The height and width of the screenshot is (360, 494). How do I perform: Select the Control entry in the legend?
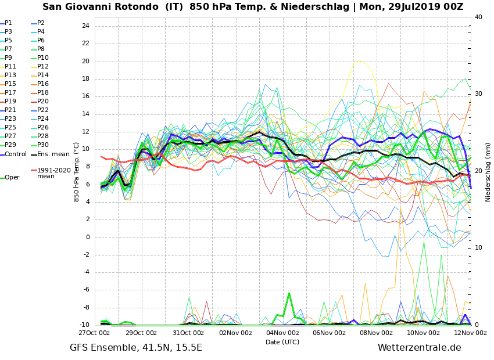[15, 154]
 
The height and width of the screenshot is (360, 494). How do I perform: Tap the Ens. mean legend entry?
[53, 154]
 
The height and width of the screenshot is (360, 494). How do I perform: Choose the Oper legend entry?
[12, 178]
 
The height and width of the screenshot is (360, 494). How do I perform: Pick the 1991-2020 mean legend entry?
[53, 173]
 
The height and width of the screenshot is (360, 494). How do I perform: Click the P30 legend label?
[43, 145]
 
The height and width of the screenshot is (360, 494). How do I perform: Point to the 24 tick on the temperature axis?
[85, 26]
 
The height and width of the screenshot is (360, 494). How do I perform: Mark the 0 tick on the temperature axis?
[87, 237]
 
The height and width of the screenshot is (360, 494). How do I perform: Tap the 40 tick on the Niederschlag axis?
[478, 17]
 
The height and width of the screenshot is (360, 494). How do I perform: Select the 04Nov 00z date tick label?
[282, 333]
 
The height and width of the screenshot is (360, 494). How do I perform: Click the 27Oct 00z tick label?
[94, 333]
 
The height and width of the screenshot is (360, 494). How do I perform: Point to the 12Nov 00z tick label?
[470, 333]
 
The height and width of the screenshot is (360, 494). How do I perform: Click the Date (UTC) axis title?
[282, 343]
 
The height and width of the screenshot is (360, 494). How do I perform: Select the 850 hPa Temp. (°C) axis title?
[77, 172]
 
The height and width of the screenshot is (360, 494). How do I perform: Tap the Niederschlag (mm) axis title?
[488, 172]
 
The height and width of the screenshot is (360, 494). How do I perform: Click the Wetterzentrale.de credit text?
[419, 348]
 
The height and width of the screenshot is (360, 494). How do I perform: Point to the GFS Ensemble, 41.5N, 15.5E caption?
[136, 348]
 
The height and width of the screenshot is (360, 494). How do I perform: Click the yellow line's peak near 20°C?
[359, 60]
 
